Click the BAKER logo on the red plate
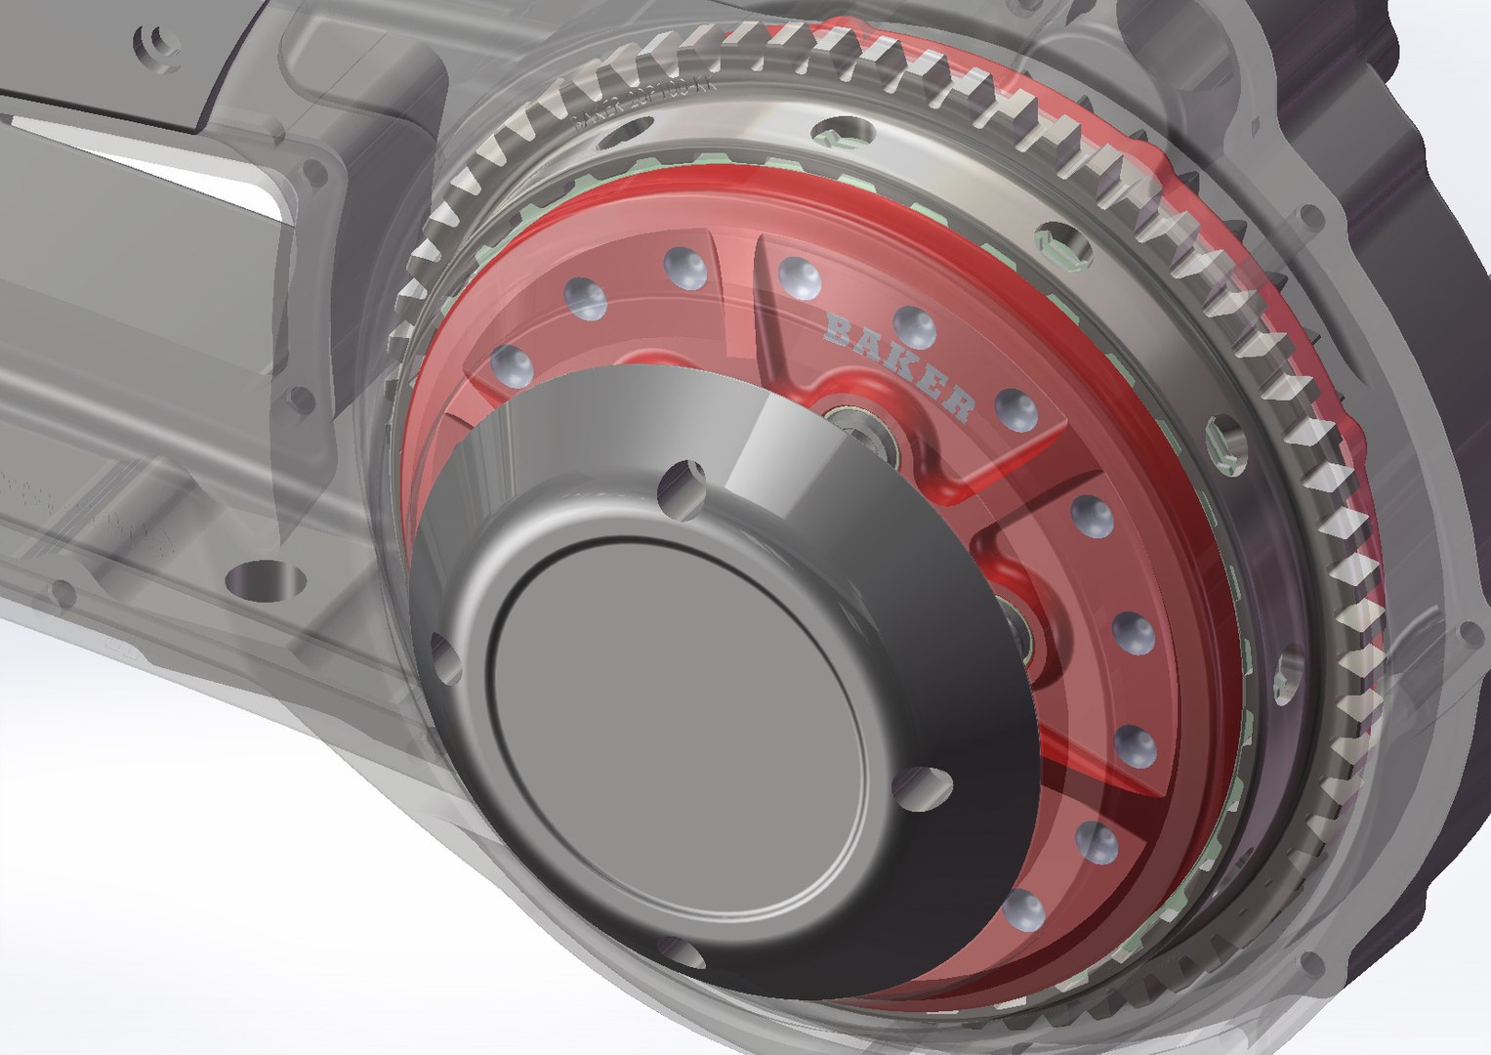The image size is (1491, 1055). [x=899, y=364]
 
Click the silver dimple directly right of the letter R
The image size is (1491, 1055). [x=1016, y=410]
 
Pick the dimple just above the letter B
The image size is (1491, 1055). [x=801, y=277]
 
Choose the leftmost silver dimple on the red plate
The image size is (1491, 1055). [x=513, y=366]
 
